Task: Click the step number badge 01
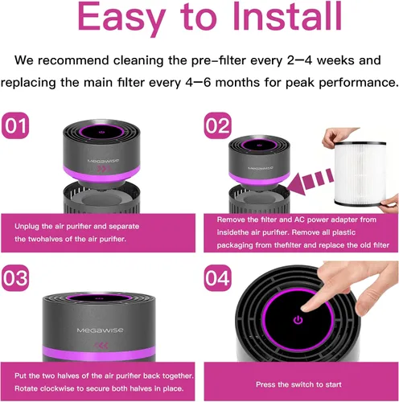click(x=15, y=125)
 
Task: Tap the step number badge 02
click(x=218, y=125)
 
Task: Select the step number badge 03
click(x=15, y=278)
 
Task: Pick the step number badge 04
click(x=218, y=278)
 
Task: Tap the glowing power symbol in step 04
click(x=298, y=320)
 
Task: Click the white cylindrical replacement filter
click(x=360, y=174)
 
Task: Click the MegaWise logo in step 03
click(x=100, y=330)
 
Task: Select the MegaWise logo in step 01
click(x=103, y=161)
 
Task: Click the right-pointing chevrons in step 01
click(x=104, y=169)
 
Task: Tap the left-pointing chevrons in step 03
click(x=101, y=346)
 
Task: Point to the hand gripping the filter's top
click(x=336, y=137)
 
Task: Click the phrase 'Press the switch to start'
click(x=298, y=384)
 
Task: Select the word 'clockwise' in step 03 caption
click(x=53, y=388)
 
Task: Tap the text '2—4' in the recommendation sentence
click(x=299, y=60)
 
